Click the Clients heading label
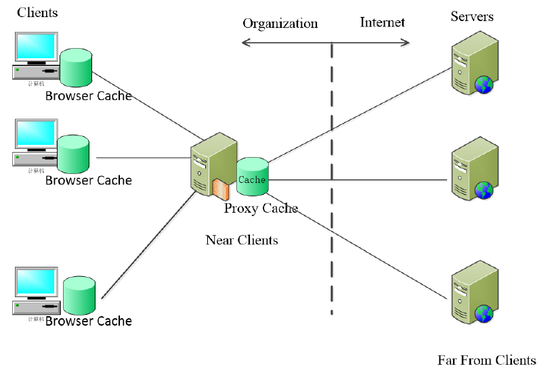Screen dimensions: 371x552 [37, 12]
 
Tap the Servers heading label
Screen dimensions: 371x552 [472, 16]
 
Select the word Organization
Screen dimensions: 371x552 [280, 23]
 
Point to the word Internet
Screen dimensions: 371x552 [382, 22]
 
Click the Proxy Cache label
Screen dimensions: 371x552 [261, 208]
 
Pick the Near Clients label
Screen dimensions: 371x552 [241, 240]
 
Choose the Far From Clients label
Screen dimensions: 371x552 [486, 359]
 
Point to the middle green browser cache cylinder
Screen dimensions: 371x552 [73, 154]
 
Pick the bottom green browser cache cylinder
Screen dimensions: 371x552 [80, 295]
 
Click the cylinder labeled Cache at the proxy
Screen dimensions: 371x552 [252, 176]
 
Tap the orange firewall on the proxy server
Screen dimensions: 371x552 [219, 188]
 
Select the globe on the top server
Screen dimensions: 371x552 [484, 85]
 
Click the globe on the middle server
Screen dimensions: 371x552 [484, 190]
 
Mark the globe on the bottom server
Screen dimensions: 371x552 [484, 313]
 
